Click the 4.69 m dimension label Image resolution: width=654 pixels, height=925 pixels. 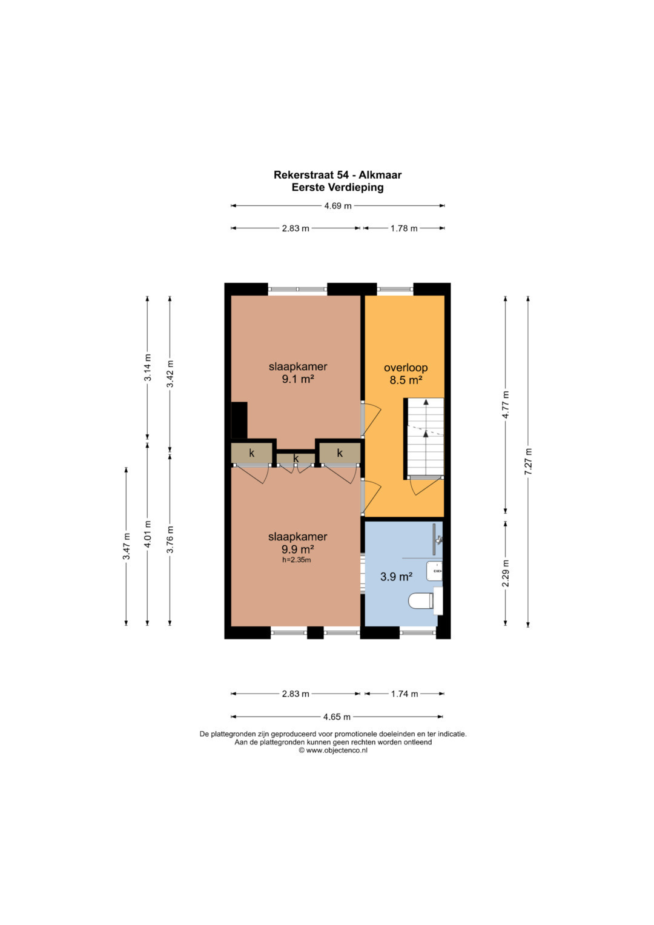point(338,205)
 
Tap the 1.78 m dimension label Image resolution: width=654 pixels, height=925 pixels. point(404,228)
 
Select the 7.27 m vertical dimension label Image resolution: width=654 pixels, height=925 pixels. point(528,461)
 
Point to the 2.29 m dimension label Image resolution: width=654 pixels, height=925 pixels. point(506,573)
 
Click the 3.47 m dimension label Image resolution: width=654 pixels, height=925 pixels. point(127,546)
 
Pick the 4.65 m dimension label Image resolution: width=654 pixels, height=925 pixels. point(337,717)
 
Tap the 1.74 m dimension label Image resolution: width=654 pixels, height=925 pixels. point(405,694)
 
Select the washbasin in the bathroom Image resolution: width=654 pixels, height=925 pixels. point(434,571)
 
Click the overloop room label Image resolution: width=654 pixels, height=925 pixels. point(406,368)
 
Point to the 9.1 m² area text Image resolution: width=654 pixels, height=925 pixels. point(298,379)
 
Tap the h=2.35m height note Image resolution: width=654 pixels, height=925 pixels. point(297,560)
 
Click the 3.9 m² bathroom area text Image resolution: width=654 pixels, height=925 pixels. point(397,577)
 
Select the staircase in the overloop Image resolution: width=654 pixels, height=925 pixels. point(424,437)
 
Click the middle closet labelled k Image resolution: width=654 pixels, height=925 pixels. point(296,459)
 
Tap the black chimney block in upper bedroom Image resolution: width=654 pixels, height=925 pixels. point(239,420)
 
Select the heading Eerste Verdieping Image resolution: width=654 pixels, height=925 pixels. point(338,187)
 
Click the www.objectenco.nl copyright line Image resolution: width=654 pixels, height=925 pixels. point(333,751)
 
